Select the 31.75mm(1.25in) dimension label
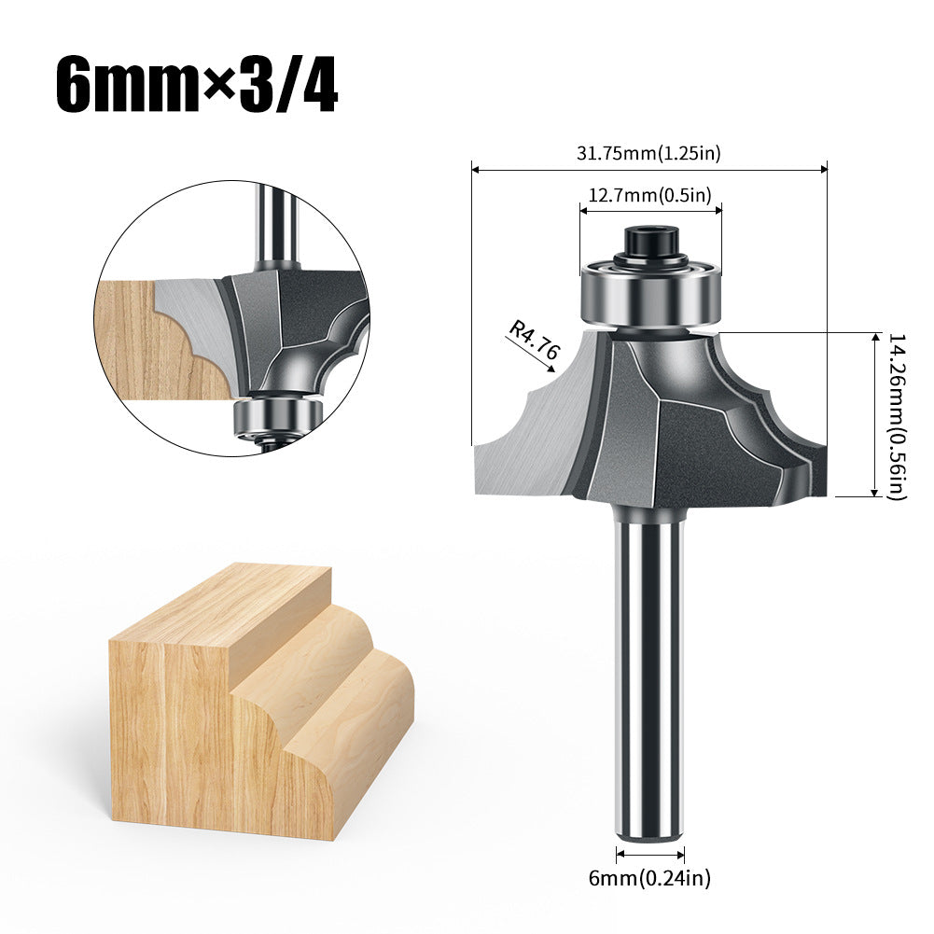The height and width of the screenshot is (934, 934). click(648, 153)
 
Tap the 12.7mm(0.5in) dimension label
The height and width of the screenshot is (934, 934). click(650, 194)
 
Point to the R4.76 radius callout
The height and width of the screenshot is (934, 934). click(535, 341)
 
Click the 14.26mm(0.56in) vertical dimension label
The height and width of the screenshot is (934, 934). click(898, 416)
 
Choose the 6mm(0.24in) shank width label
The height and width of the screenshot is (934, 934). click(649, 877)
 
